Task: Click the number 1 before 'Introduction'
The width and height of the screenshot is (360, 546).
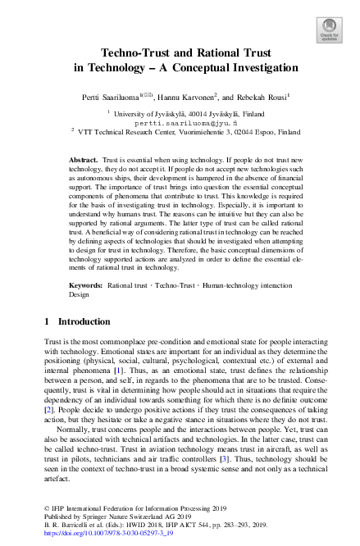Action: [x=47, y=321]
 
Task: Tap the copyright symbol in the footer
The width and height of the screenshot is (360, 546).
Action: [x=47, y=509]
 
